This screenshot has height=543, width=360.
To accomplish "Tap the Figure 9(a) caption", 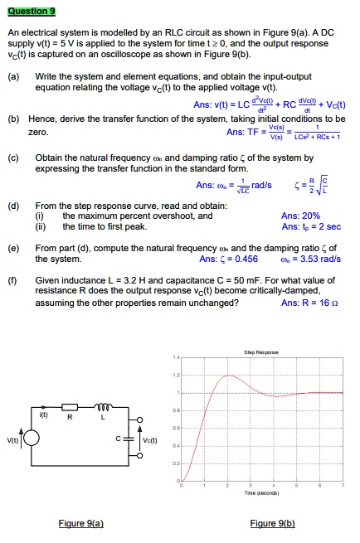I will pos(81,523).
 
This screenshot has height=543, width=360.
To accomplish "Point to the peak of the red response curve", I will pos(228,376).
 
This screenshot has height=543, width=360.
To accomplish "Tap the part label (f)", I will pos(14,281).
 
